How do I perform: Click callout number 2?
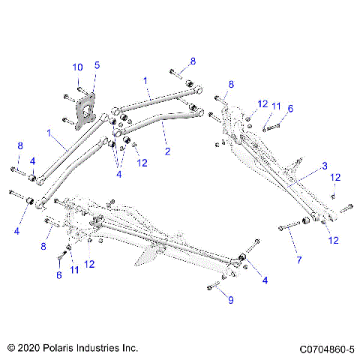click(166, 151)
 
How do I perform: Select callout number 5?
click(96, 65)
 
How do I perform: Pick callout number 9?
click(231, 300)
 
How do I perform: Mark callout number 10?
click(77, 67)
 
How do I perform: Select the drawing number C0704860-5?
click(326, 349)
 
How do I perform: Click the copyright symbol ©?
click(10, 349)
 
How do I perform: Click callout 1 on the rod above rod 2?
click(145, 79)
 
